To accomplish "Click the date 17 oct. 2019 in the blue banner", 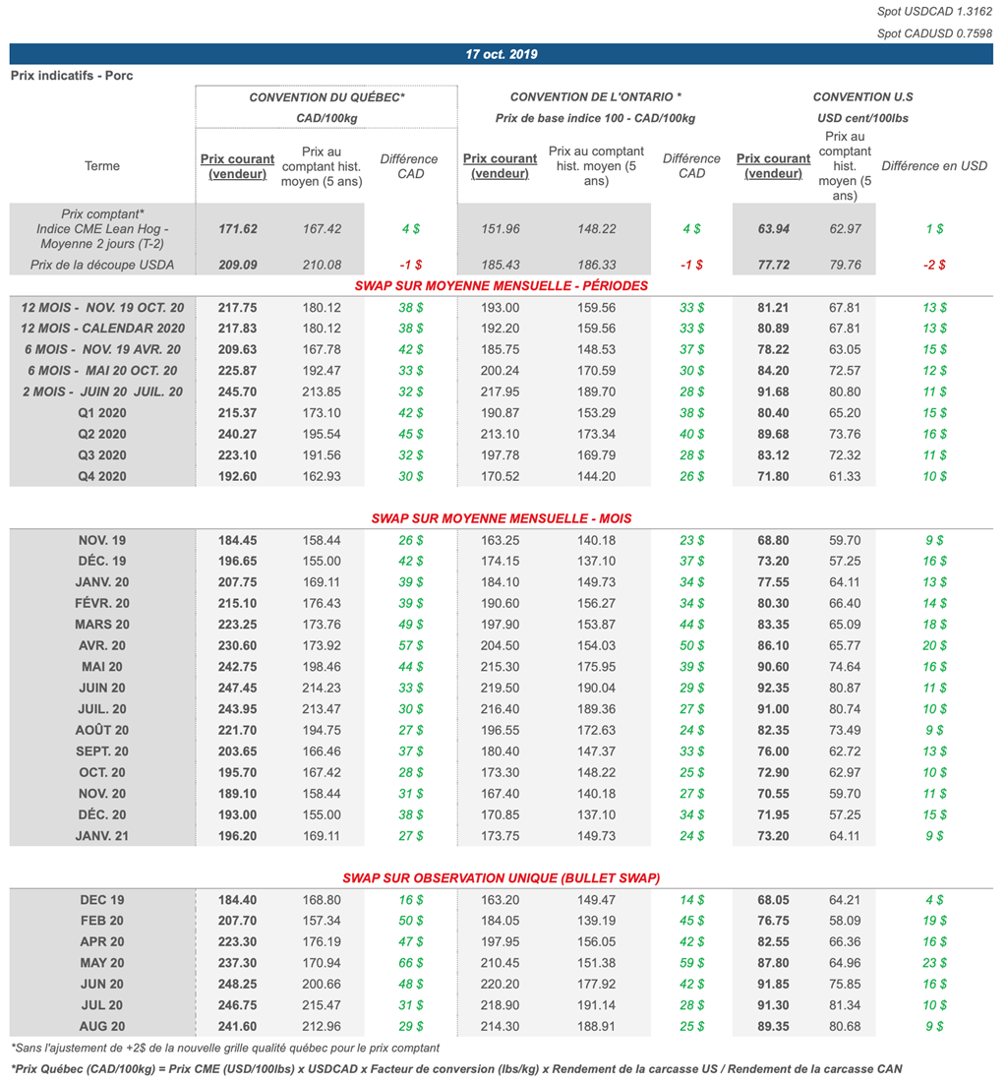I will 502,54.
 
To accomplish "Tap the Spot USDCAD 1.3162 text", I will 934,12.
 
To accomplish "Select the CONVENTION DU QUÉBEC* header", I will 326,97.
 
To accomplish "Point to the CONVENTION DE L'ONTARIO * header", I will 595,97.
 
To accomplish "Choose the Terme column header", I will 102,166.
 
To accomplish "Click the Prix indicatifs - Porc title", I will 71,76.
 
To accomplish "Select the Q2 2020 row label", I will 102,434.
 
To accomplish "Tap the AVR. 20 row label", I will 102,645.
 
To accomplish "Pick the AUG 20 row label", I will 102,1026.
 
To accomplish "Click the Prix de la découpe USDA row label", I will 102,265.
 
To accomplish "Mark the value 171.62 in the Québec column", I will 237,228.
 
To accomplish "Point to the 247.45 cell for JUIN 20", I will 237,688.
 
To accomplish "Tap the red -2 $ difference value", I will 933,265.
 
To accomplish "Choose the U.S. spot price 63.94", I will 774,228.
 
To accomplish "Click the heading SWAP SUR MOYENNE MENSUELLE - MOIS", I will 502,518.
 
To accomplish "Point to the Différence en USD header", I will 933,166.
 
